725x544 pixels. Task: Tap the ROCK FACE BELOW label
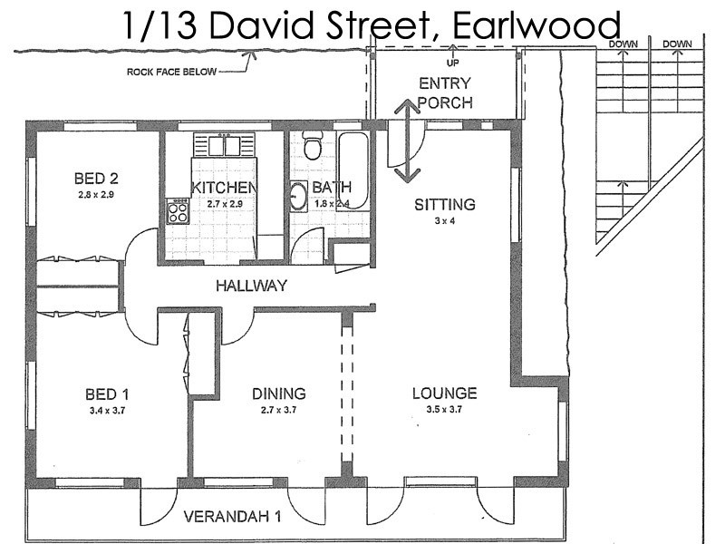[172, 72]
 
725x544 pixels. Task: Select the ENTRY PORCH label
[445, 92]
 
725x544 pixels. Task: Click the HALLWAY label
[251, 286]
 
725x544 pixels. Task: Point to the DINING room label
[278, 393]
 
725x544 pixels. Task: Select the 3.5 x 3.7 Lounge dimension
[444, 411]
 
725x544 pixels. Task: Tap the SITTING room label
[445, 204]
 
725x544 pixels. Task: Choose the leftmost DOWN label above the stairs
[623, 44]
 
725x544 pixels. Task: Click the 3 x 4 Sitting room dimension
[444, 220]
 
